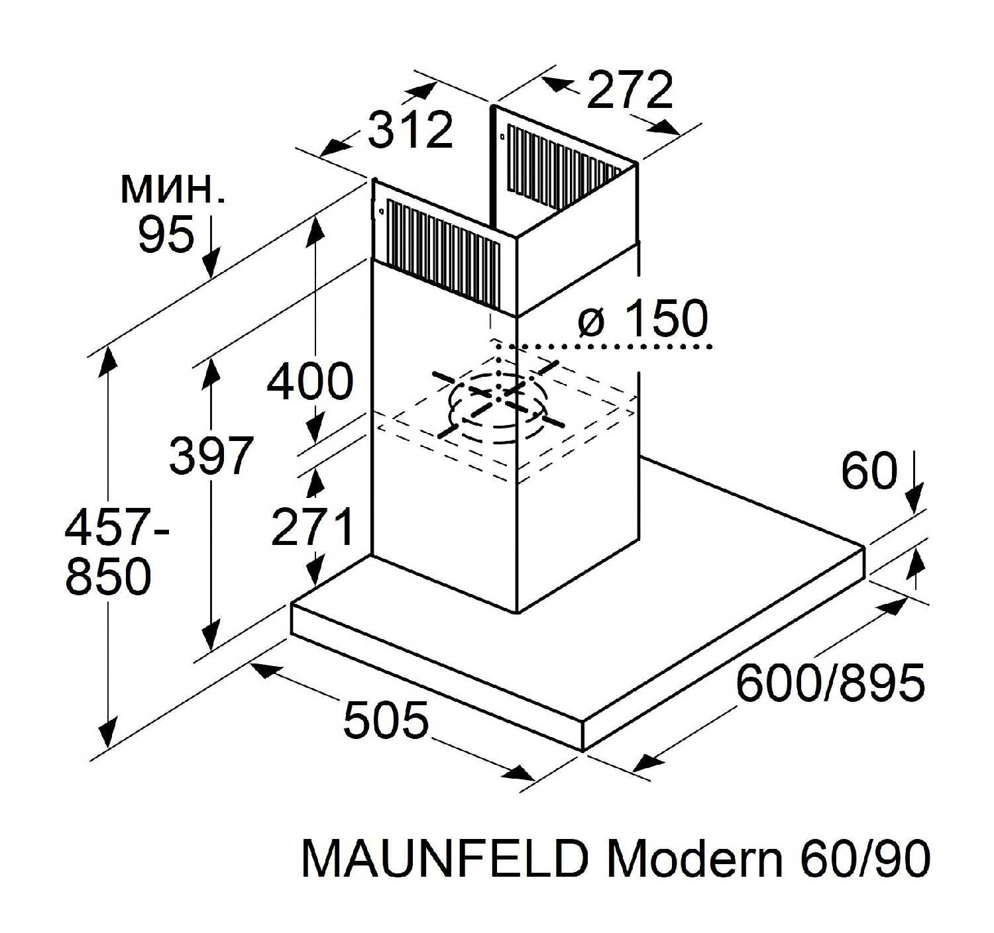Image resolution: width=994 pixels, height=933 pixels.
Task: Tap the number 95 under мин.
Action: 166,234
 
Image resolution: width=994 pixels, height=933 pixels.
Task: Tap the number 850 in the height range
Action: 109,575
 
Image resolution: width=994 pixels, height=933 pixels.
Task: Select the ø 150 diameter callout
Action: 643,319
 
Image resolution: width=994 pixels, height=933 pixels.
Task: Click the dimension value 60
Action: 869,471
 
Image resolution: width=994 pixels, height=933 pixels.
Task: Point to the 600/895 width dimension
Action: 830,683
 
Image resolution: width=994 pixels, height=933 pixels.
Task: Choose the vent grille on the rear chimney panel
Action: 563,166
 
